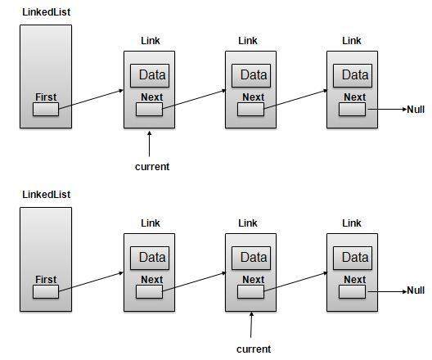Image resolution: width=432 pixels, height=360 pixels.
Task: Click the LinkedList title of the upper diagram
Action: tap(45, 12)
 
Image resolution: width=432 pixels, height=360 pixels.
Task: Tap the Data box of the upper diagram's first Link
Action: tap(151, 75)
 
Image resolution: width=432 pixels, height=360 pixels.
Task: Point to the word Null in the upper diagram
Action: tap(416, 109)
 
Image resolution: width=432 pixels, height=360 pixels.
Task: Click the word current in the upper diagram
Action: tap(151, 166)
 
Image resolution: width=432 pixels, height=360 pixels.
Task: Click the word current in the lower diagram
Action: tap(253, 349)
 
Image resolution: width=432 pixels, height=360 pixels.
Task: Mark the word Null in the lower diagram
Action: tap(416, 291)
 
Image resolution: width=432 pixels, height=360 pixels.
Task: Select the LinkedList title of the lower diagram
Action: tap(45, 195)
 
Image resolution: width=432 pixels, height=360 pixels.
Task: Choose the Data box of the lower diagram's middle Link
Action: tap(253, 258)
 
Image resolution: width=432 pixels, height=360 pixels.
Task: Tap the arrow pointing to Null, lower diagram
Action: tap(386, 291)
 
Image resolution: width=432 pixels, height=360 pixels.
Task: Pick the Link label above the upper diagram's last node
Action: tap(351, 40)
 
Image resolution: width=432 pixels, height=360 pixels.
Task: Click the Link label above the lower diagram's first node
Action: tap(150, 223)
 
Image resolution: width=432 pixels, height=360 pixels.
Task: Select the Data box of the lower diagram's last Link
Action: tap(354, 258)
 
